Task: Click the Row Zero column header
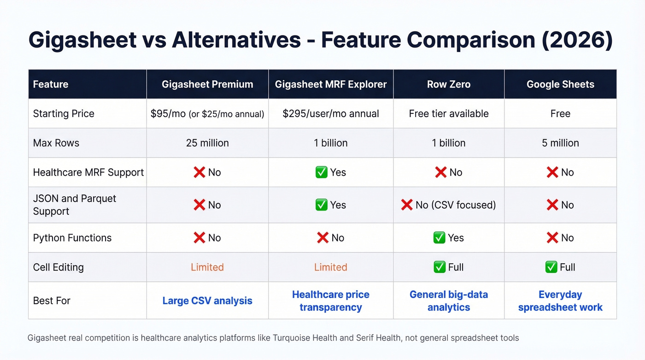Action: coord(448,84)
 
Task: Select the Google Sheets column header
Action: coord(560,84)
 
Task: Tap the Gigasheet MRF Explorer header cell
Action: coord(330,84)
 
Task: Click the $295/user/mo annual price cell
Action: coord(330,113)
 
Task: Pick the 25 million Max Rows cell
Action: coord(207,143)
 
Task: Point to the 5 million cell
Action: coord(560,143)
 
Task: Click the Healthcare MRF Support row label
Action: coord(88,172)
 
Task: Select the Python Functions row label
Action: coord(72,238)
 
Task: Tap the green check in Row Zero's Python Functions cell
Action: coord(439,238)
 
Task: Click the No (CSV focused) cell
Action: coord(448,205)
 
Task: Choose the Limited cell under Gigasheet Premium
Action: coord(207,267)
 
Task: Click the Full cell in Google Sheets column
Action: coord(560,267)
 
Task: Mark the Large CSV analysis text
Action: coord(207,301)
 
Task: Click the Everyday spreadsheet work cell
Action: coord(560,301)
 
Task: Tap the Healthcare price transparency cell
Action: coord(330,301)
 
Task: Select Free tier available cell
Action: coord(448,113)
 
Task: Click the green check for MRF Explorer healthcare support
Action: coord(321,172)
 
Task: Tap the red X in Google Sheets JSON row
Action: coord(552,205)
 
